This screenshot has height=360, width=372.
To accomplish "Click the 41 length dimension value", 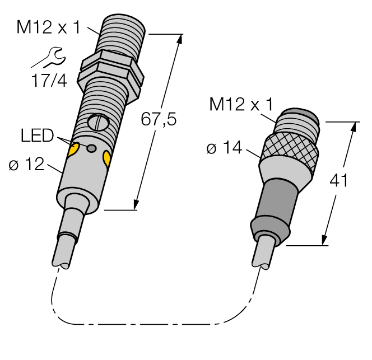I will [338, 181].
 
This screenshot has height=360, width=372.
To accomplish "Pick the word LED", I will [36, 135].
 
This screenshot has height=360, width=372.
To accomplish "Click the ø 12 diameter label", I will [27, 165].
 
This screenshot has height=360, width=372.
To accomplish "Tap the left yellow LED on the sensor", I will [73, 149].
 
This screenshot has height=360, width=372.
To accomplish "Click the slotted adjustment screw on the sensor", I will [96, 121].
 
